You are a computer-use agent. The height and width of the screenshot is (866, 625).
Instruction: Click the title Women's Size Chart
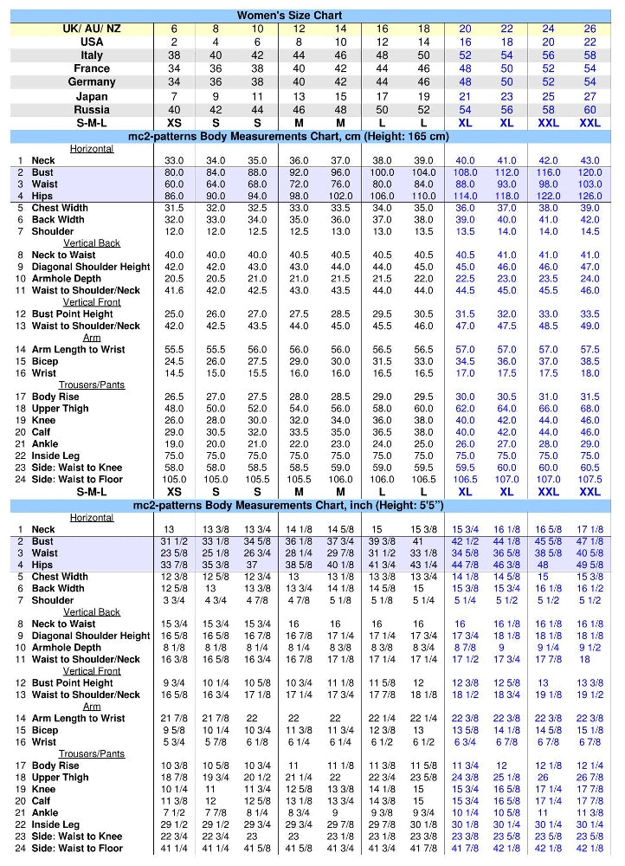289,15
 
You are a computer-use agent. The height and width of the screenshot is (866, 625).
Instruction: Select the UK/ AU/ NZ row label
92,29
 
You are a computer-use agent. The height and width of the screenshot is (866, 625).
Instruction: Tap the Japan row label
92,96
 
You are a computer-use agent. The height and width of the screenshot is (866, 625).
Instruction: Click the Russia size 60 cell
590,110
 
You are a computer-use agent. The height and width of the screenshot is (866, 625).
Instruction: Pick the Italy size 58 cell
590,55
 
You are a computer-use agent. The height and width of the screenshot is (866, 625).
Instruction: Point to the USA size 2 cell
174,42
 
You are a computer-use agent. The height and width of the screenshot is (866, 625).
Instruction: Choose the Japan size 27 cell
590,96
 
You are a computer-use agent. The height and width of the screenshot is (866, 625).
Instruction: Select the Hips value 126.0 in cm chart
590,196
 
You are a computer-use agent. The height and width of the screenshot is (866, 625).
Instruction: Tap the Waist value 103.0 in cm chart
590,184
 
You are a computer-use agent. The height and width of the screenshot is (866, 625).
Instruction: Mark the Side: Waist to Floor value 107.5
590,479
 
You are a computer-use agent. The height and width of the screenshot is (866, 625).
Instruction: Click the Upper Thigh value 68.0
590,409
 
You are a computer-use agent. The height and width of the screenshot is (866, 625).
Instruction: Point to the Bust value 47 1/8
590,541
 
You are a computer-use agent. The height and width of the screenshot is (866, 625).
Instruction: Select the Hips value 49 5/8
590,565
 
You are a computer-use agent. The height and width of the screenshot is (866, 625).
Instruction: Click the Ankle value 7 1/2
174,812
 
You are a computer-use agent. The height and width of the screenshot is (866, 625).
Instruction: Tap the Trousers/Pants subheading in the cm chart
92,385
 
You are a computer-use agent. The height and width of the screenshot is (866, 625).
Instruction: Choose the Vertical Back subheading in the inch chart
92,612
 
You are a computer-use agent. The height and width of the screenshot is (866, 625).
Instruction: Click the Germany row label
92,82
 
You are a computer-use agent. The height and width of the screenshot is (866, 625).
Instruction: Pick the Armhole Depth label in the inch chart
67,647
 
